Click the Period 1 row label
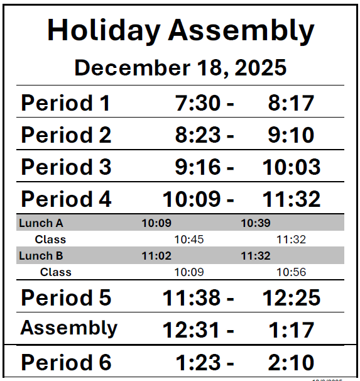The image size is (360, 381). [65, 102]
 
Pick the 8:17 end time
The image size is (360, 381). [291, 102]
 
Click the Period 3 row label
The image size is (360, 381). [66, 167]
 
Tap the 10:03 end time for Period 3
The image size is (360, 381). [292, 167]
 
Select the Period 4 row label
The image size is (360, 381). [66, 199]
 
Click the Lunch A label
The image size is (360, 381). [41, 223]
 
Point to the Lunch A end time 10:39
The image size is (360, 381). [256, 223]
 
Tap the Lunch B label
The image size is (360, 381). [41, 256]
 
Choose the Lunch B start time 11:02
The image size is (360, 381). [156, 256]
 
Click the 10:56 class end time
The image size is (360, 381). [292, 272]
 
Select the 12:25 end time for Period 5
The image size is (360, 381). [292, 297]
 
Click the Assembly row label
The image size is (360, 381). [68, 328]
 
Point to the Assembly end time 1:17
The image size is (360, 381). [292, 329]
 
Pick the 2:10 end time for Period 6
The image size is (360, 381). [292, 362]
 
